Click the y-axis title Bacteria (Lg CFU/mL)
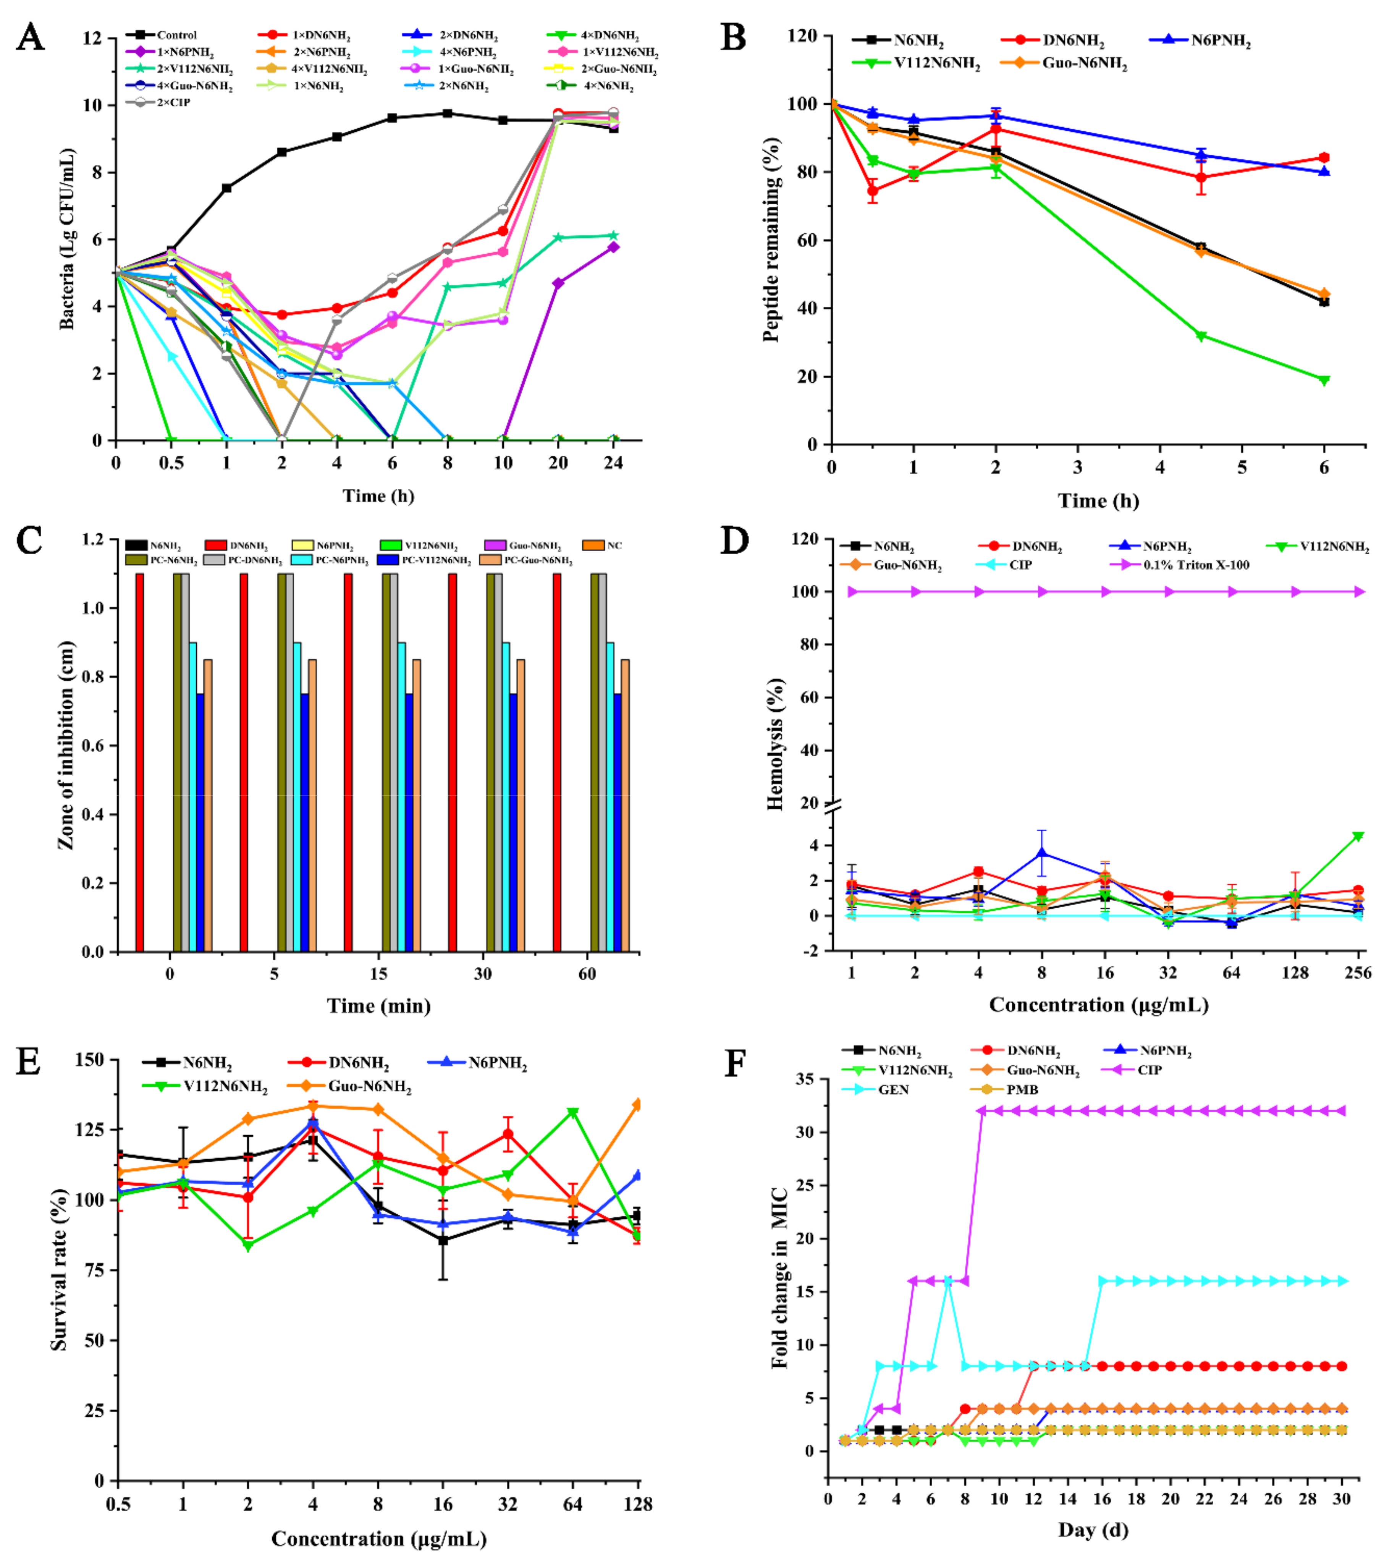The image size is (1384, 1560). (67, 239)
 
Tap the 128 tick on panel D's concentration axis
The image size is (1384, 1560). (1295, 973)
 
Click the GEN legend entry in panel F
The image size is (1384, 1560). (892, 1089)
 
